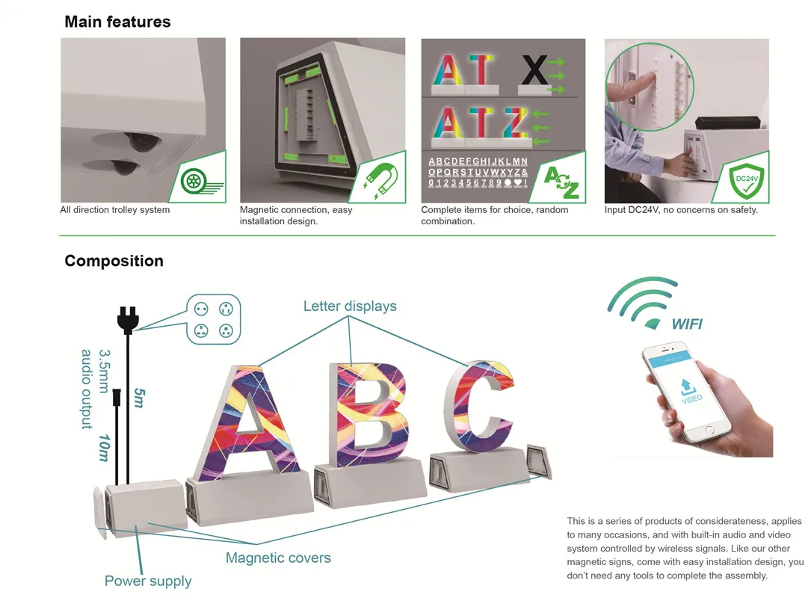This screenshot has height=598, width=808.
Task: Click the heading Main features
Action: coord(117,22)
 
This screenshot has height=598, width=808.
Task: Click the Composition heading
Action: coord(114,261)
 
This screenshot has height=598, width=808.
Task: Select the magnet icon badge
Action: coord(380,180)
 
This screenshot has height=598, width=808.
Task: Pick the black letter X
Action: coord(534,71)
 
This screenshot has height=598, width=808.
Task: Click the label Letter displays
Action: coord(350,306)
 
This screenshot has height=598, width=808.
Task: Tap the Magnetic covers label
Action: coord(278,558)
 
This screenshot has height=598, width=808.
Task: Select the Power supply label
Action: coord(148,581)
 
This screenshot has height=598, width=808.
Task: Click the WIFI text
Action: coord(686,324)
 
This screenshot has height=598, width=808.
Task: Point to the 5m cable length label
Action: coord(139,396)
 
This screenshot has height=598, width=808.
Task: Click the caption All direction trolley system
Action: coord(115,210)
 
